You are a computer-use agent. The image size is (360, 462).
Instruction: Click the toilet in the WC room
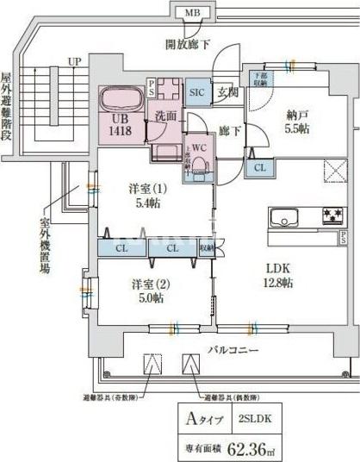pyautogui.click(x=199, y=164)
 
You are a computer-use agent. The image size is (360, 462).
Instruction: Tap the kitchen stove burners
pyautogui.click(x=332, y=215)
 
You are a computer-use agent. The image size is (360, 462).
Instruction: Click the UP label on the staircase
pyautogui.click(x=75, y=62)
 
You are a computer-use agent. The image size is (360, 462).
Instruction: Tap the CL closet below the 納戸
pyautogui.click(x=259, y=168)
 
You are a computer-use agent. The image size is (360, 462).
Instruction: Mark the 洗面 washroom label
pyautogui.click(x=165, y=115)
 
